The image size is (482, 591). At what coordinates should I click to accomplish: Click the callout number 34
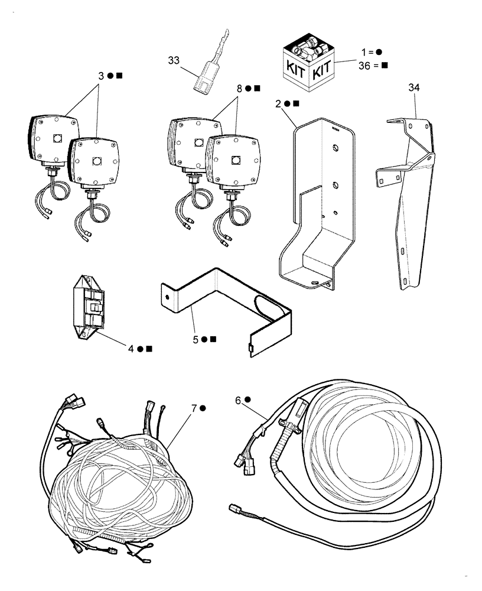[415, 88]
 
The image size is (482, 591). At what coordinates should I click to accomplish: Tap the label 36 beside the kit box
[363, 65]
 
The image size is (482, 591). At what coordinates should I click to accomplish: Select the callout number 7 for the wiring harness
[194, 408]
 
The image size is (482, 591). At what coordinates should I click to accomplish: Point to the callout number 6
[238, 400]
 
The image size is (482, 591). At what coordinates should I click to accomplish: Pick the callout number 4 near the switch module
[132, 349]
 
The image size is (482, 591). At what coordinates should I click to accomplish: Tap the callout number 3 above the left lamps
[101, 76]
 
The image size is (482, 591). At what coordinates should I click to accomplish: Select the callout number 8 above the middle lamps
[240, 88]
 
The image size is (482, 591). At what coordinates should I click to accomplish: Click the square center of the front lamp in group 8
[235, 160]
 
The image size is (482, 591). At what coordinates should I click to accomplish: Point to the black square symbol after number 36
[385, 65]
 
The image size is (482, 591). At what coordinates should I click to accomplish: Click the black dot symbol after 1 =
[379, 52]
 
